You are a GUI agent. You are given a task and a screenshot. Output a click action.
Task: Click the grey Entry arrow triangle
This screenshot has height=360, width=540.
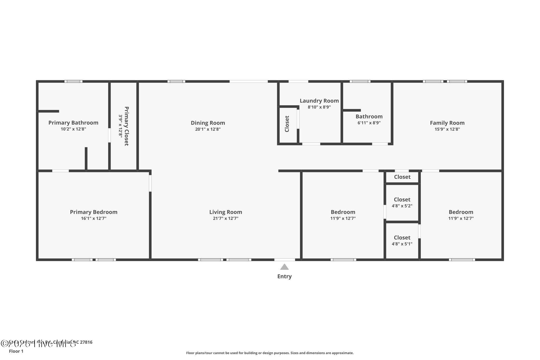(284, 267)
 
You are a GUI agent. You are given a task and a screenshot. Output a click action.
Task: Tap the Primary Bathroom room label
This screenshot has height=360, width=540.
(73, 123)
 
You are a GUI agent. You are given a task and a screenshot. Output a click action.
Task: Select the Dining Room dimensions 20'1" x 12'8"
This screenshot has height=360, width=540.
(208, 129)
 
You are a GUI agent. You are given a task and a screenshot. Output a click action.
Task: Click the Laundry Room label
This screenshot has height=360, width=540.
(319, 101)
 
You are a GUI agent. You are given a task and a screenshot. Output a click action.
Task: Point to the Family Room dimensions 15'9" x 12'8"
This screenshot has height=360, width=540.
(447, 129)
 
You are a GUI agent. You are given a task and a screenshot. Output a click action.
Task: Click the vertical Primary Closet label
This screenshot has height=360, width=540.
(127, 126)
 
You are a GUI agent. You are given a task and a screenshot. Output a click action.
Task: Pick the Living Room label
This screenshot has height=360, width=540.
(225, 212)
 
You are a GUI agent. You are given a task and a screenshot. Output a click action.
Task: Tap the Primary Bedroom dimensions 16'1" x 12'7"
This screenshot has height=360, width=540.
(94, 218)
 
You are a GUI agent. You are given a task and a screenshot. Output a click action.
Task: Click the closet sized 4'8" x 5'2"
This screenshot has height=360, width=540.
(402, 203)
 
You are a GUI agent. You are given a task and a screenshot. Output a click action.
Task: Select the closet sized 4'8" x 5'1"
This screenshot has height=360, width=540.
(402, 241)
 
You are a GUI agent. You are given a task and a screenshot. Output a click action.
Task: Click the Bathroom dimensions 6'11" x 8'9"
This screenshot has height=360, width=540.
(369, 123)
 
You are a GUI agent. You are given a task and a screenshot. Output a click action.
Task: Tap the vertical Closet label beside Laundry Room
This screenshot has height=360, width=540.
(287, 124)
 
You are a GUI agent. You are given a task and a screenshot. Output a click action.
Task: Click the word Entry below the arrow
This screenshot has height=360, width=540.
(284, 276)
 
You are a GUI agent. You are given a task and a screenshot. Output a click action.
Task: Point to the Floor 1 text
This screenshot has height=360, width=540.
(16, 351)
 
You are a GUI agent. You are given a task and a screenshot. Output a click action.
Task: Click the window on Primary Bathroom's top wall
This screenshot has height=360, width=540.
(73, 81)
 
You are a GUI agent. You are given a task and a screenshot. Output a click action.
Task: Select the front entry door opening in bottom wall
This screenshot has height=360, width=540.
(285, 260)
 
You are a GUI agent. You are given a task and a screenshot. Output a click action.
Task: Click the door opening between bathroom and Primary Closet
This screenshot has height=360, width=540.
(109, 135)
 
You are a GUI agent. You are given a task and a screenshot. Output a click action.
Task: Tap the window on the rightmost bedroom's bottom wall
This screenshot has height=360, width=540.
(462, 260)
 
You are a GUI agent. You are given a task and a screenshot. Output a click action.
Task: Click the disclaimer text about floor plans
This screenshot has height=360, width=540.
(270, 353)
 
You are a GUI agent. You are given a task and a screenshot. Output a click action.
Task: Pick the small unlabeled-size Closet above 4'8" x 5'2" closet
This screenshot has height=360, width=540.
(402, 177)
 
